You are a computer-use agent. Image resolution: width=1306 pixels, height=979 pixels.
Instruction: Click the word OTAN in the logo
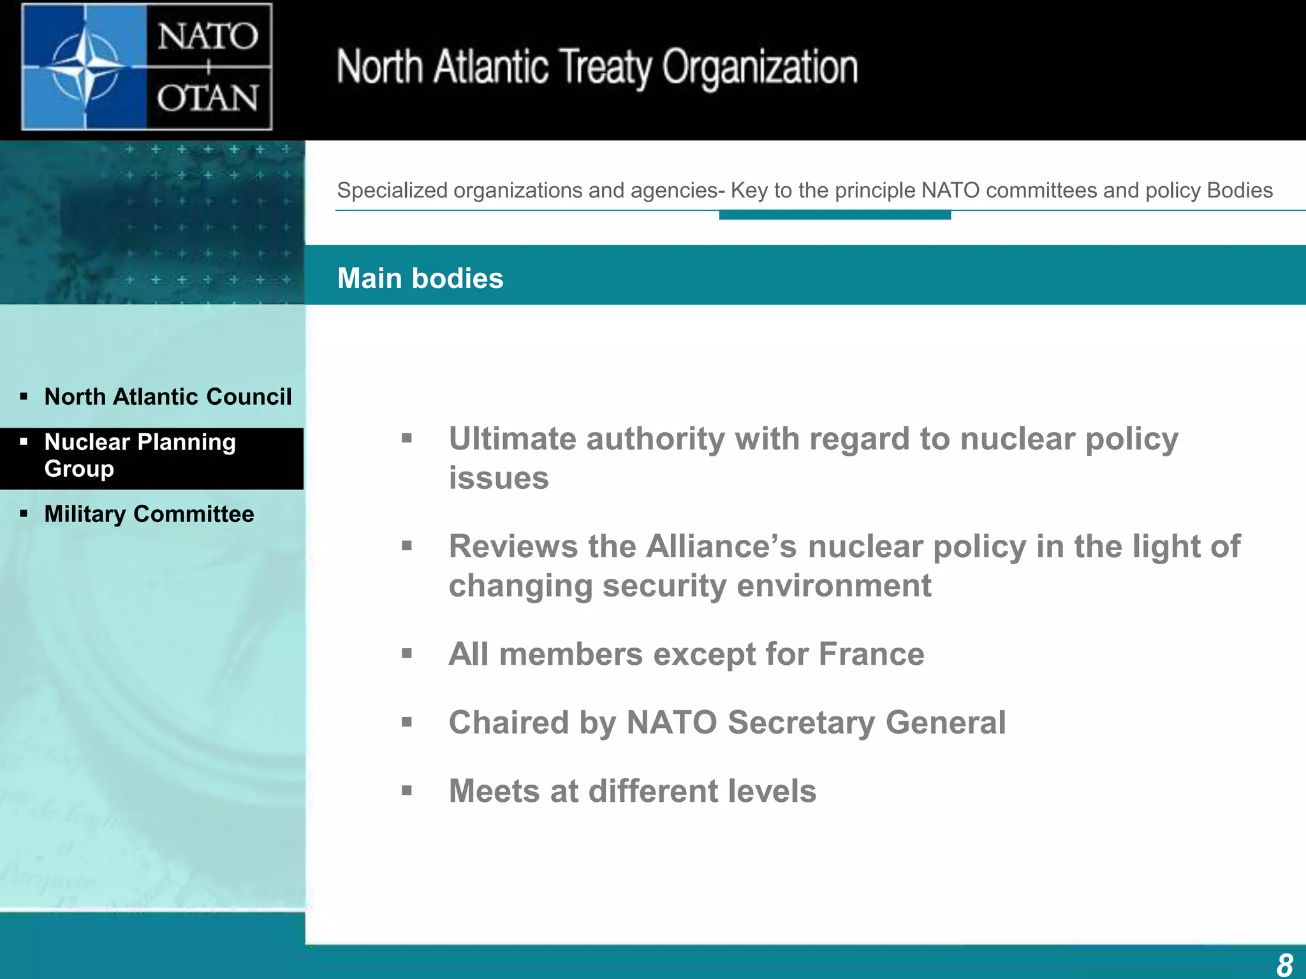[208, 99]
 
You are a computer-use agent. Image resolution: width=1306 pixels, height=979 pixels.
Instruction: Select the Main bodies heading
[420, 279]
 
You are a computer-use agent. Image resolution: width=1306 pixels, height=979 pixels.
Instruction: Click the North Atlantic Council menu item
[168, 397]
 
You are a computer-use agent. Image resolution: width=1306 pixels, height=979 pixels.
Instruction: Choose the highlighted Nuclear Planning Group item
[140, 455]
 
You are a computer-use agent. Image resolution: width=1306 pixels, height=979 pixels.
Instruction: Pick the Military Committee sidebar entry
[149, 514]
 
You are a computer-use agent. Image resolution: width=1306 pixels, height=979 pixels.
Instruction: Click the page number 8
[1284, 964]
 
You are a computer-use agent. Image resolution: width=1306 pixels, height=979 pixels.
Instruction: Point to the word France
[871, 655]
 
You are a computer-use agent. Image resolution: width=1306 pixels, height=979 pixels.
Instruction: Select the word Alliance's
[721, 547]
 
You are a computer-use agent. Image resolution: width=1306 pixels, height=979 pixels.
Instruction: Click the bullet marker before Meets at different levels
[407, 791]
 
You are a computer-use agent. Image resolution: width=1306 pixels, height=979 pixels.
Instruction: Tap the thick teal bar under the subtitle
[835, 215]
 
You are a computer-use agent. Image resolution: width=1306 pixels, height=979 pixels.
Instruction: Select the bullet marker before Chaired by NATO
[407, 722]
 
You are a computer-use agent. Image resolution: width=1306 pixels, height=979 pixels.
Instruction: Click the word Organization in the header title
[759, 68]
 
